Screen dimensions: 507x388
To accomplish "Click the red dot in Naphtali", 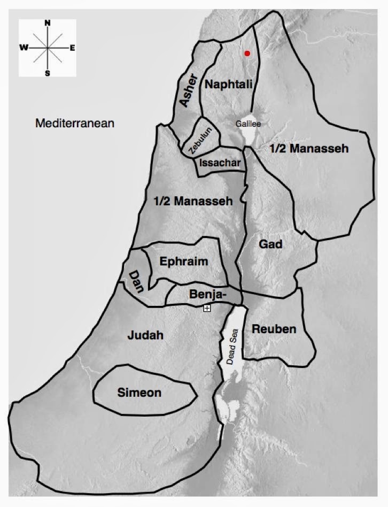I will [247, 53].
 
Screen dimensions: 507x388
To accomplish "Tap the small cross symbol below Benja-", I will [207, 308].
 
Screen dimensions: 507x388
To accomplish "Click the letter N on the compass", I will [48, 24].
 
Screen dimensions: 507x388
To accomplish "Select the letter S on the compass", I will [48, 73].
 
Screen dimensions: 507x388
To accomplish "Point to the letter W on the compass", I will [24, 48].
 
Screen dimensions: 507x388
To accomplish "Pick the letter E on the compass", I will [72, 48].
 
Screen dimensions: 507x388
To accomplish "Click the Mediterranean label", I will [75, 124].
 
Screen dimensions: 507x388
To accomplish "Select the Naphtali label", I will [229, 84].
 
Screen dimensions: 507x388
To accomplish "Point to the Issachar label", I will [219, 163].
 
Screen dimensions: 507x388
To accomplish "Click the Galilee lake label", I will [249, 124].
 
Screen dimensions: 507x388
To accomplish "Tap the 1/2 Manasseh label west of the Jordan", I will [193, 202].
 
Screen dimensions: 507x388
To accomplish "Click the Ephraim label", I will [184, 262].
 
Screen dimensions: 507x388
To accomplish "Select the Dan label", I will [135, 280].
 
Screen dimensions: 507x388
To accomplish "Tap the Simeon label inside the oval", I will [139, 393].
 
